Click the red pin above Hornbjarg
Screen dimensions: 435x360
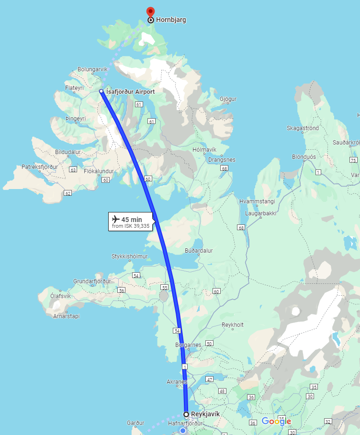pos(150,11)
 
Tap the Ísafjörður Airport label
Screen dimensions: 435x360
pos(130,91)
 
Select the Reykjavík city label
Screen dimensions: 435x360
pos(205,414)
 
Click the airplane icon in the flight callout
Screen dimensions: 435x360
pos(115,219)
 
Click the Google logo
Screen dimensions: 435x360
pos(276,422)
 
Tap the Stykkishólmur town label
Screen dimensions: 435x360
pos(129,257)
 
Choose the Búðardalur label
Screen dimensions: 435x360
pos(198,250)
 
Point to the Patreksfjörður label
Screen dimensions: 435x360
pos(40,167)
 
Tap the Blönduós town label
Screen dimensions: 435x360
pos(304,157)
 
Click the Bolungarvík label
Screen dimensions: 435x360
pos(92,69)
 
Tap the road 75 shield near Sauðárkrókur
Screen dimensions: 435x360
pos(353,160)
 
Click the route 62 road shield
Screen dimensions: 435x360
pos(67,193)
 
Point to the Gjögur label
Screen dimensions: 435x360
pos(228,99)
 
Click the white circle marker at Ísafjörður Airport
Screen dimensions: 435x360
pos(101,91)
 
